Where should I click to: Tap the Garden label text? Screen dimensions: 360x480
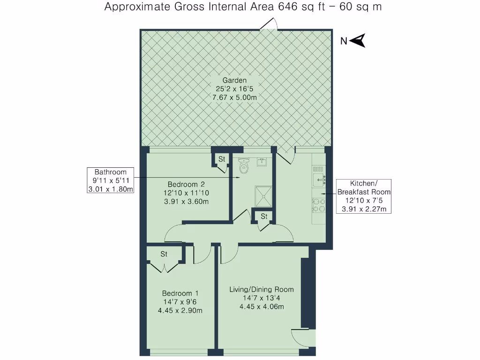235,80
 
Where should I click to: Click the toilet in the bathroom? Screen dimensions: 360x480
243,165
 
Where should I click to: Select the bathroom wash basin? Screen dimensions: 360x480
262,163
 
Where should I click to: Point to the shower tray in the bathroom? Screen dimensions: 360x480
263,196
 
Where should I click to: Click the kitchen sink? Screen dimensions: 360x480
320,178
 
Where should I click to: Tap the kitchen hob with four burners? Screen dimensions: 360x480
319,205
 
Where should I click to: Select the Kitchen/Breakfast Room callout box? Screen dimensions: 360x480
364,196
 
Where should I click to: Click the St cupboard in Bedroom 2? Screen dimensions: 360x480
222,159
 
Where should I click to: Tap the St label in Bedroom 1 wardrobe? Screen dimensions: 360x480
164,254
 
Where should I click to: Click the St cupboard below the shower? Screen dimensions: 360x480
264,216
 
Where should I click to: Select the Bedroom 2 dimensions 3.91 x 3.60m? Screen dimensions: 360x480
186,202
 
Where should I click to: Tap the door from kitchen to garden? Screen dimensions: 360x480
287,155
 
